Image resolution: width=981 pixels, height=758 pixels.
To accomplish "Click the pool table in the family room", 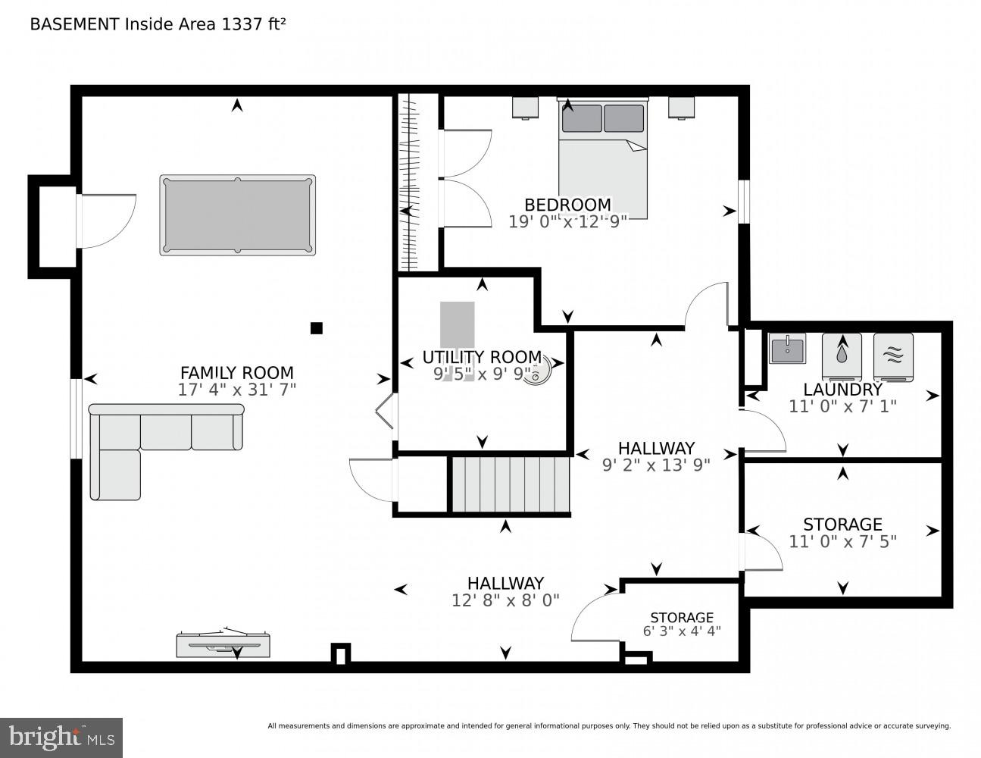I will (237, 215).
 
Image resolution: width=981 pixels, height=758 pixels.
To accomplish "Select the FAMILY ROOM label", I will (236, 373).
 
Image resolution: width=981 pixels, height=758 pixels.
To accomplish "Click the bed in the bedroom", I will (603, 159).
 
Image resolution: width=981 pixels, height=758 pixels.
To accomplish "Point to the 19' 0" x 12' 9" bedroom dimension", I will (568, 221).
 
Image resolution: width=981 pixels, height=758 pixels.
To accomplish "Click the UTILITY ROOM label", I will (482, 357).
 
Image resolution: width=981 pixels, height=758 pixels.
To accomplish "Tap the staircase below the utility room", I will (511, 484).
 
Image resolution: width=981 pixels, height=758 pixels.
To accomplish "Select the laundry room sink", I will (787, 349).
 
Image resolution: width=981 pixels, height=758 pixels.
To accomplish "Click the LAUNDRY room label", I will (842, 390).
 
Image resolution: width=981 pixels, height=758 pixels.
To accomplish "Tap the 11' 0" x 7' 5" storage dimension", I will (842, 541).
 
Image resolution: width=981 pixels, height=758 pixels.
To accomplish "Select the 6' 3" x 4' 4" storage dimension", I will (682, 631).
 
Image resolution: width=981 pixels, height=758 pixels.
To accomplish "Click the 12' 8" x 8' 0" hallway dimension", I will (505, 600).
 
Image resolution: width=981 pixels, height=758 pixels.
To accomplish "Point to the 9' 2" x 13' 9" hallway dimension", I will (656, 465).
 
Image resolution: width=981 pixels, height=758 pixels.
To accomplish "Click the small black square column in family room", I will (317, 328).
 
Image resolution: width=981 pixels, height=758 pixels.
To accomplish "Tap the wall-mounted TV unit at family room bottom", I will (223, 645).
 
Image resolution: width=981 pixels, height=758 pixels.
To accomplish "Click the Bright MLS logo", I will (61, 737).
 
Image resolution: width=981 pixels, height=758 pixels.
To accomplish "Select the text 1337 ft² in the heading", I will (253, 23).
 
